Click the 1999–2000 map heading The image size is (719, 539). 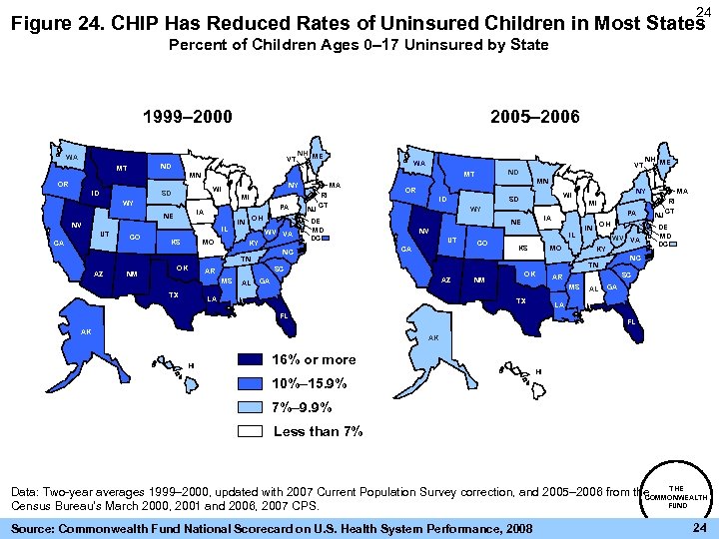click(x=187, y=117)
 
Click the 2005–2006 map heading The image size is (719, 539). click(x=536, y=117)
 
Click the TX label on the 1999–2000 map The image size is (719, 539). click(x=173, y=294)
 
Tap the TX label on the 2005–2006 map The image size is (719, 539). click(x=519, y=301)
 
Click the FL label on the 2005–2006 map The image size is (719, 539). click(x=630, y=322)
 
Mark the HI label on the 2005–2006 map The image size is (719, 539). click(x=538, y=372)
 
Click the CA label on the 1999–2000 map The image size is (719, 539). click(x=59, y=244)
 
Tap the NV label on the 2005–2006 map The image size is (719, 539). click(x=423, y=232)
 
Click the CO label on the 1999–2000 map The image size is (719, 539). click(x=134, y=237)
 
